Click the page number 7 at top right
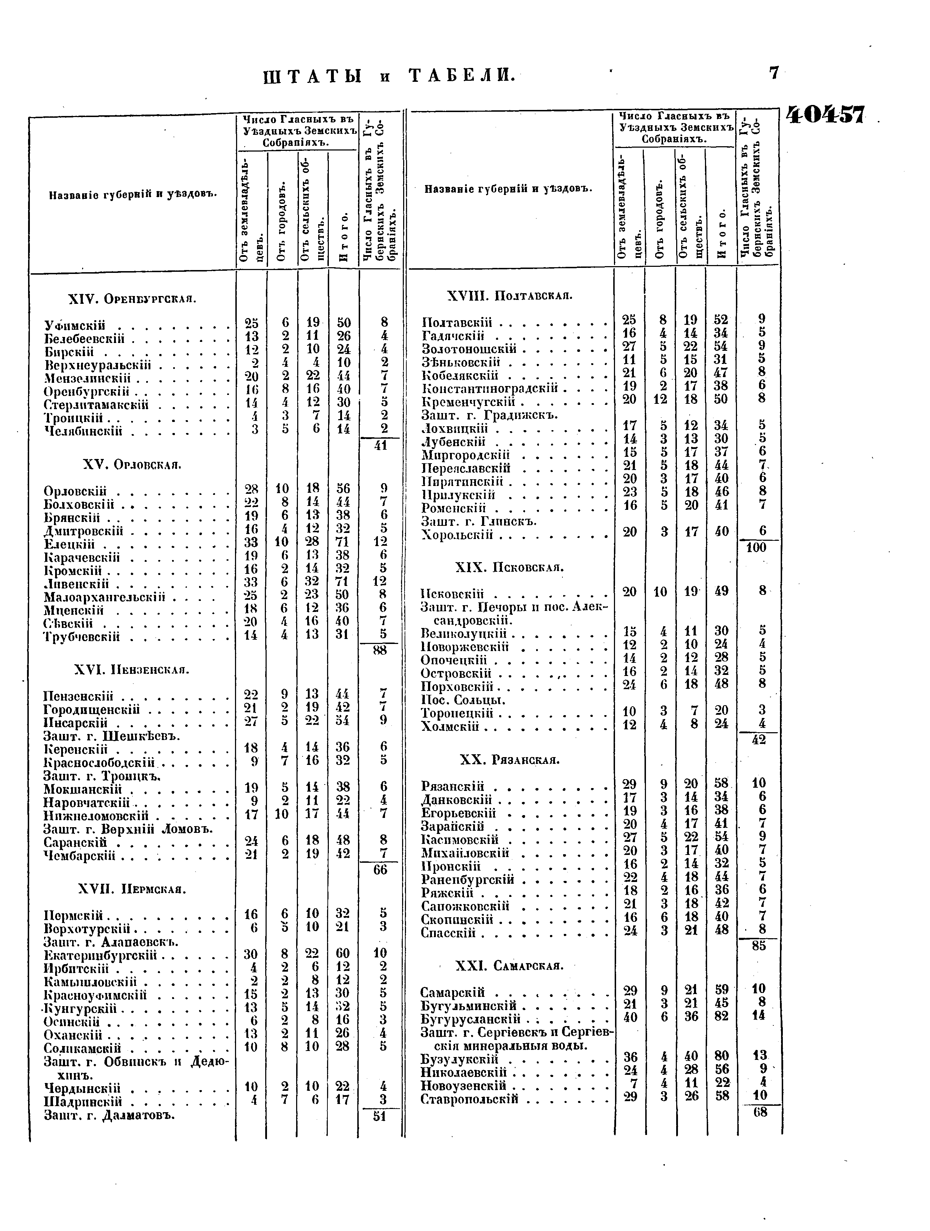click(x=774, y=73)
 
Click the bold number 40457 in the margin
click(x=825, y=116)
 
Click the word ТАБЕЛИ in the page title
click(x=460, y=75)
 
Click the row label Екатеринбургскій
click(x=100, y=956)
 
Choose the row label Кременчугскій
click(x=468, y=401)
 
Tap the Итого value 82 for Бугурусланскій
click(x=721, y=1016)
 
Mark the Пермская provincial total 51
click(x=380, y=1116)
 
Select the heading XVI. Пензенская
click(x=132, y=670)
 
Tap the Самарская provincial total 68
click(x=759, y=1112)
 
